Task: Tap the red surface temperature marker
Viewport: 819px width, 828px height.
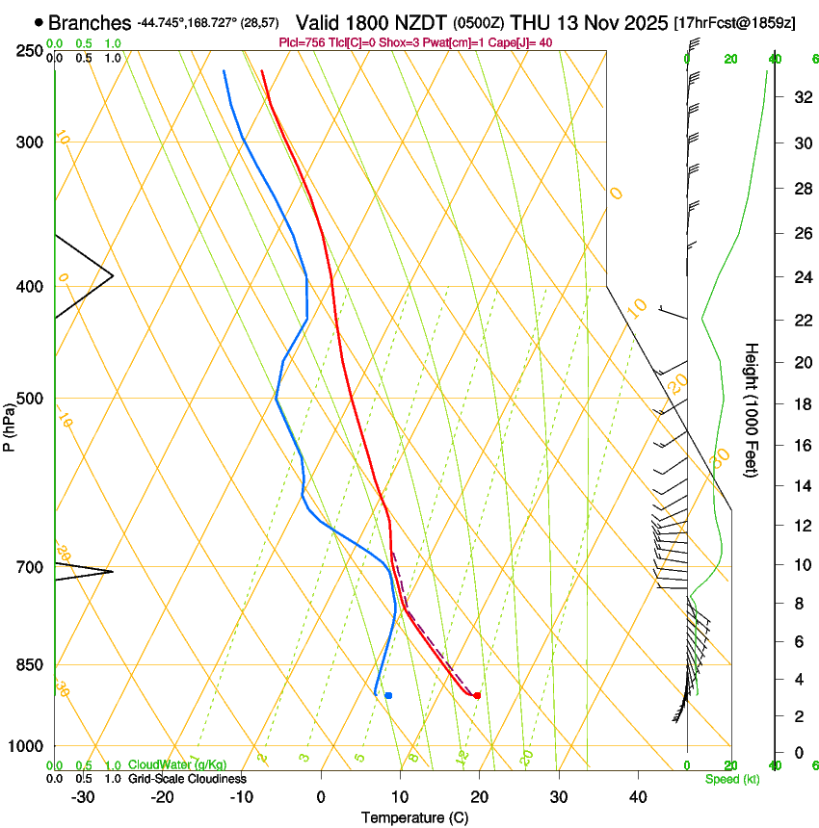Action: click(477, 695)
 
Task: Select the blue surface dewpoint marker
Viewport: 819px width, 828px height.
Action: click(388, 695)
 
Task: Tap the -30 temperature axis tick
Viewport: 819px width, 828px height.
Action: click(83, 796)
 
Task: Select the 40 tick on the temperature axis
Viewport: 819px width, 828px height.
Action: click(638, 796)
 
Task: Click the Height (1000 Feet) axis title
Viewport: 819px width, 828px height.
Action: click(753, 410)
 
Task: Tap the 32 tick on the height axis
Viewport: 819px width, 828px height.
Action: click(801, 97)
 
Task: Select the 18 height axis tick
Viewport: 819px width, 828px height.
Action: click(801, 404)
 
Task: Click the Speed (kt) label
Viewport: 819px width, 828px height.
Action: click(731, 779)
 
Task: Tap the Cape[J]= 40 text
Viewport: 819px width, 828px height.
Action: click(520, 42)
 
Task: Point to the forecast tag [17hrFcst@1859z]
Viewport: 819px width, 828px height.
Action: click(734, 22)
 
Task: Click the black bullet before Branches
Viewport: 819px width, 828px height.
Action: click(39, 22)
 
